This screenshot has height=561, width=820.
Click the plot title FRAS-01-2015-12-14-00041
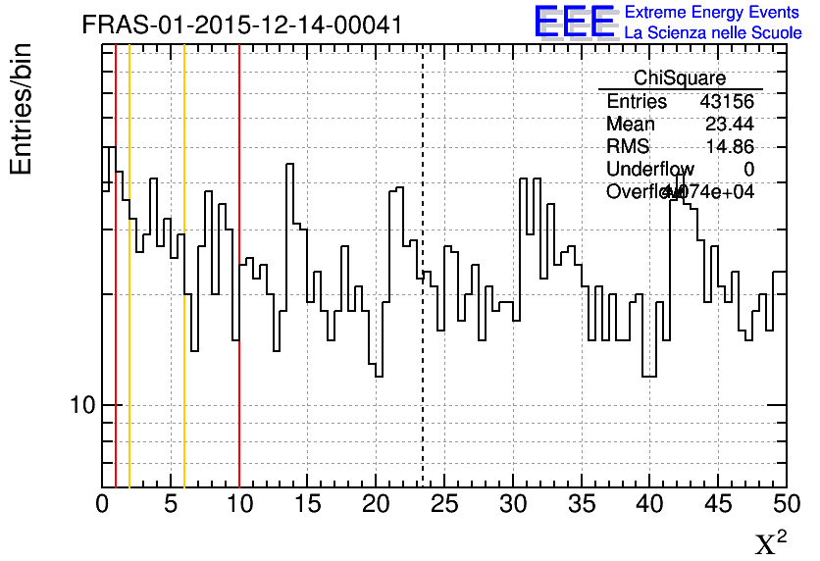pyautogui.click(x=242, y=25)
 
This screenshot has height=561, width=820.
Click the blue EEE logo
pyautogui.click(x=575, y=22)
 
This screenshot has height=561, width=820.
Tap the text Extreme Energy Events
pyautogui.click(x=712, y=13)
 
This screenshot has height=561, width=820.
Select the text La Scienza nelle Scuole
pyautogui.click(x=712, y=33)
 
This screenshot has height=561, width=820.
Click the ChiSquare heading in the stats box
pyautogui.click(x=680, y=78)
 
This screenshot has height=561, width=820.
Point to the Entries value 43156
pyautogui.click(x=727, y=102)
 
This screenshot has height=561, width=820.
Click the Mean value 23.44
pyautogui.click(x=730, y=125)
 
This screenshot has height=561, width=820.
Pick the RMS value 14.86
pyautogui.click(x=730, y=147)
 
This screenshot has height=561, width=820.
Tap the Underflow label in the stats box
pyautogui.click(x=650, y=170)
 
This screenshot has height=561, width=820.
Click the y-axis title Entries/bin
pyautogui.click(x=22, y=108)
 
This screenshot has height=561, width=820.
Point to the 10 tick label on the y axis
pyautogui.click(x=81, y=405)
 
